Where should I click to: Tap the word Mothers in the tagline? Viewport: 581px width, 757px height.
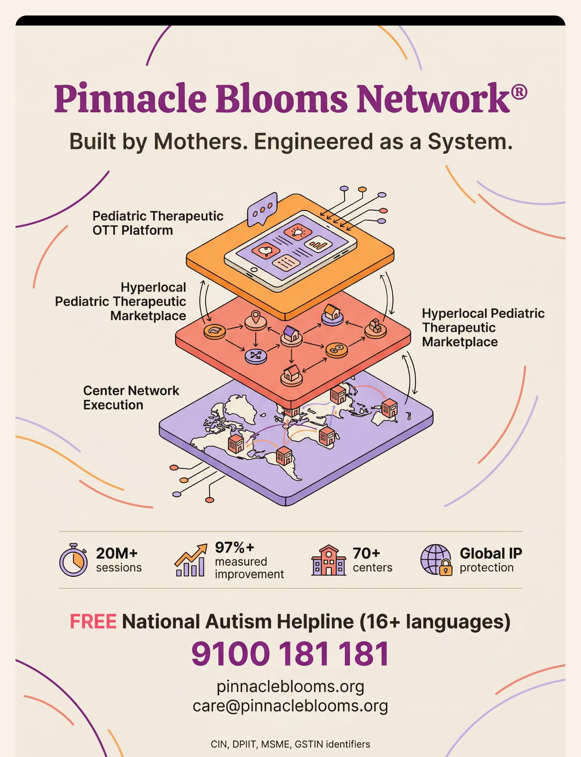click(x=201, y=142)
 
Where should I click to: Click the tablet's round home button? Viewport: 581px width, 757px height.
click(x=254, y=270)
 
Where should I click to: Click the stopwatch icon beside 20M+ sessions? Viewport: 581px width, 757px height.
click(x=73, y=560)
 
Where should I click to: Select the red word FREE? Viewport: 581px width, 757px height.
click(x=93, y=621)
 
